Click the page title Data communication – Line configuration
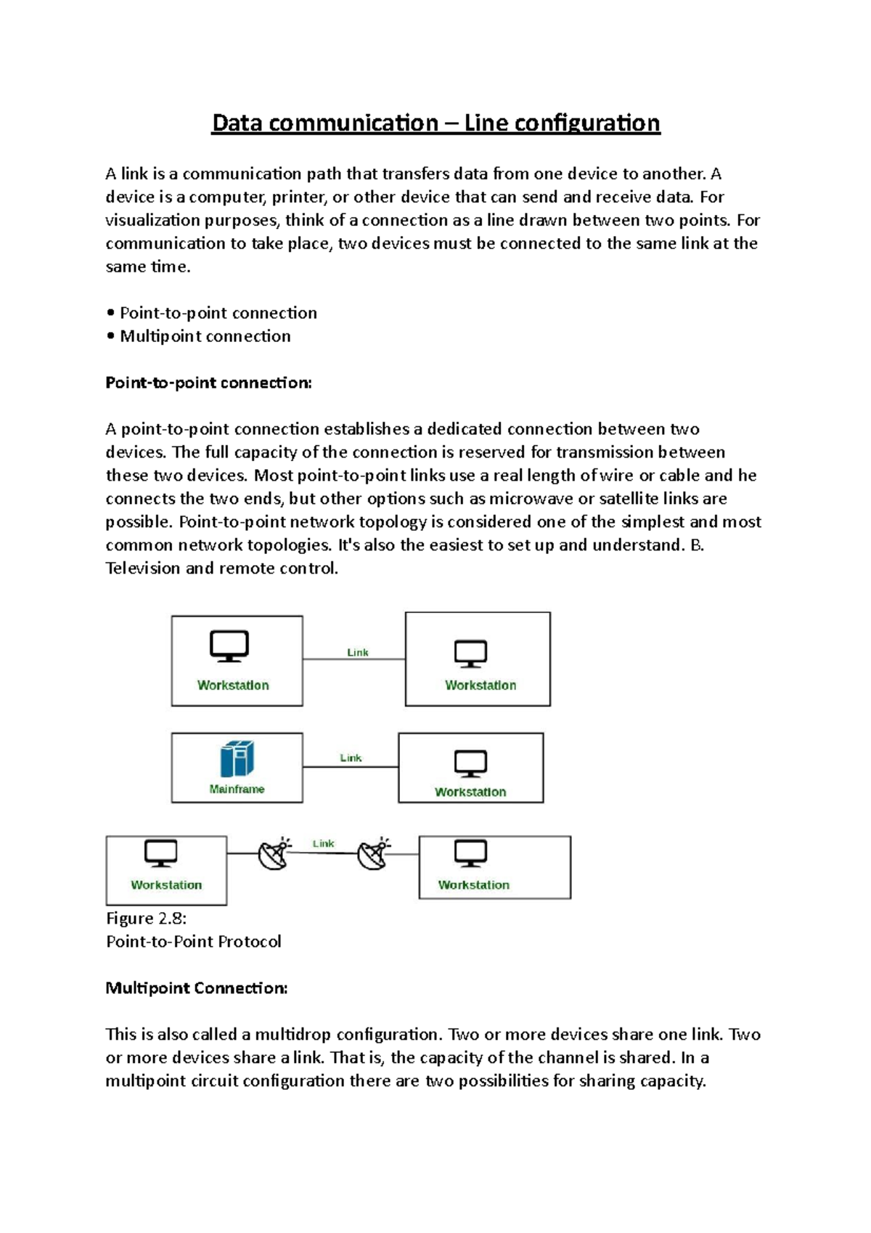[435, 123]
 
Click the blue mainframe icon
[237, 759]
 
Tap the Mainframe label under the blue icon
[237, 789]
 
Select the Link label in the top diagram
[358, 652]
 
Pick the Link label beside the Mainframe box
[351, 757]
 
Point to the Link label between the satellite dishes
[323, 843]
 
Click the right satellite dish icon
[375, 853]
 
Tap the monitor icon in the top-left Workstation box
[229, 646]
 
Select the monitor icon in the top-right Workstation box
[470, 654]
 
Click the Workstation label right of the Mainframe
[470, 792]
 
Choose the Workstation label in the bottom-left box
[166, 884]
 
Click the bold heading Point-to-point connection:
[208, 383]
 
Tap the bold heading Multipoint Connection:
[197, 988]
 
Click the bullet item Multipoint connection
[205, 336]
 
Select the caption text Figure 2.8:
[146, 919]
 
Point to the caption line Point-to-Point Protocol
[193, 942]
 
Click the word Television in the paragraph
[142, 569]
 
